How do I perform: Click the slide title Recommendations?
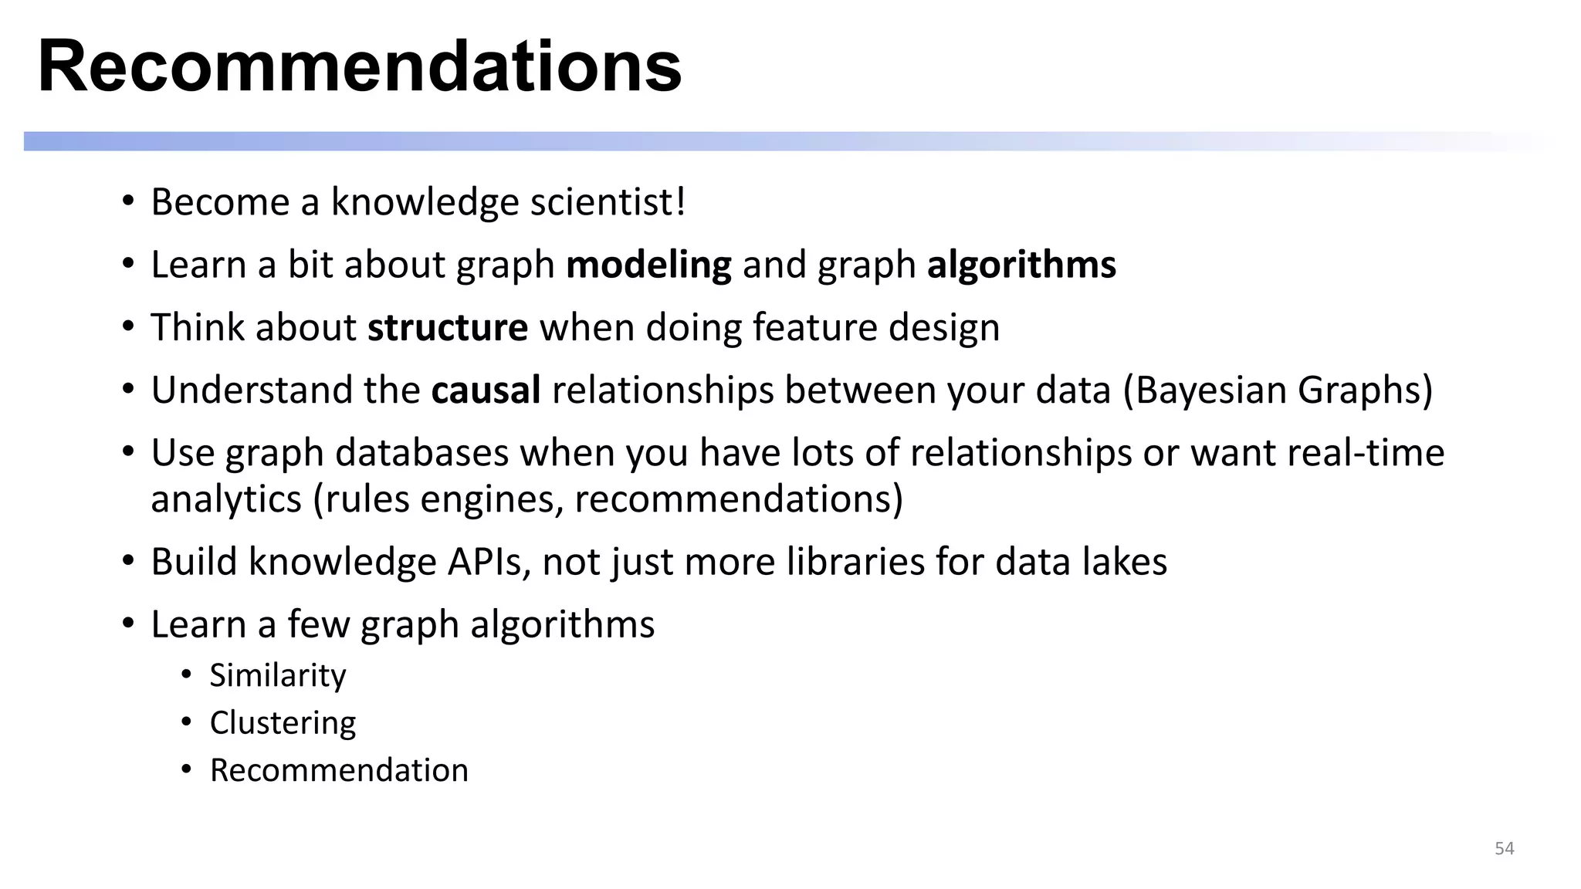click(x=360, y=66)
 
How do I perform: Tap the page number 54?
click(x=1505, y=849)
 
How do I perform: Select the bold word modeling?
click(x=648, y=265)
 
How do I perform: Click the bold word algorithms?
click(x=1021, y=265)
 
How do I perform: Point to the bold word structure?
click(x=448, y=327)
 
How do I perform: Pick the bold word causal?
click(x=486, y=390)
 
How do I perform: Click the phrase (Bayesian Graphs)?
click(x=1278, y=390)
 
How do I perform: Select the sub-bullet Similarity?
click(x=278, y=675)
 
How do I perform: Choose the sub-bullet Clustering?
click(x=283, y=723)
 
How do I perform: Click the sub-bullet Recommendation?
click(x=339, y=770)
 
